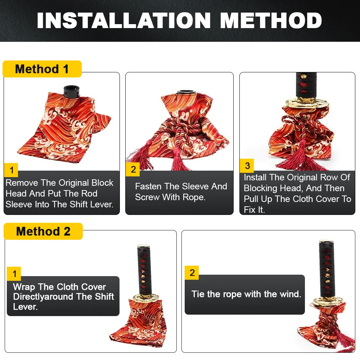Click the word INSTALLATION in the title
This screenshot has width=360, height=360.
124,21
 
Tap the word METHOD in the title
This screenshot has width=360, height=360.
271,21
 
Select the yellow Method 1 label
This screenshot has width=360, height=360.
42,69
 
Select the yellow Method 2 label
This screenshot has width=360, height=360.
43,231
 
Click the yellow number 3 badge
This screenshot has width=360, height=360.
247,166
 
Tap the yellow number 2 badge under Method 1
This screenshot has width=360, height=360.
133,169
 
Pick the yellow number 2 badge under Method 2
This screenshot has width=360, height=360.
192,273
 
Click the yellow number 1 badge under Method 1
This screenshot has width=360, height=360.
11,170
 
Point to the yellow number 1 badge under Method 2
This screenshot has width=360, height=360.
14,274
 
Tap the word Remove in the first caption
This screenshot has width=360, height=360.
22,183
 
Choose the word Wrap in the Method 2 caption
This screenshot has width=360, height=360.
24,287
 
